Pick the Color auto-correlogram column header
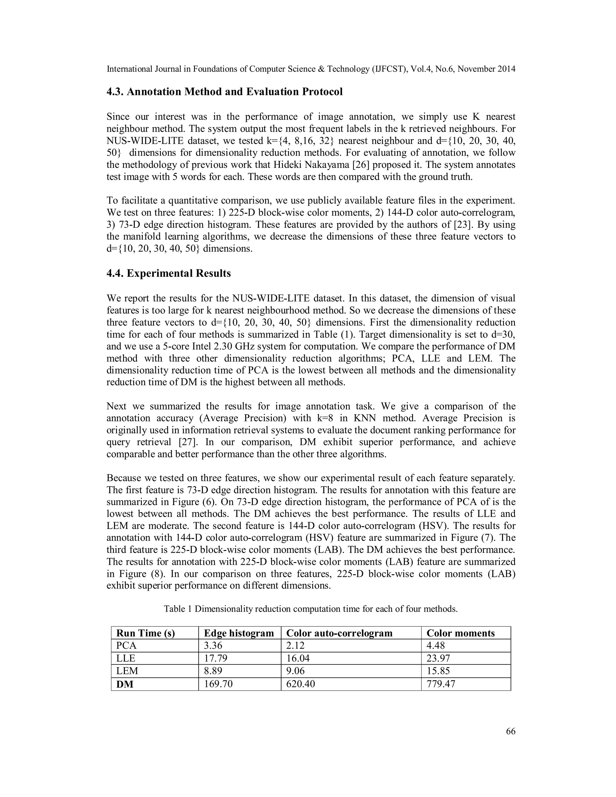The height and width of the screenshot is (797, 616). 339,633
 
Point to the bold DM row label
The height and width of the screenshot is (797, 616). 125,684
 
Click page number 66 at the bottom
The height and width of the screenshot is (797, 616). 510,731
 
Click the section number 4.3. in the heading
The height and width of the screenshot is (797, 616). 115,92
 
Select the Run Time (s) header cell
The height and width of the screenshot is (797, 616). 145,633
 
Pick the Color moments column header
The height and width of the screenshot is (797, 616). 460,633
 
